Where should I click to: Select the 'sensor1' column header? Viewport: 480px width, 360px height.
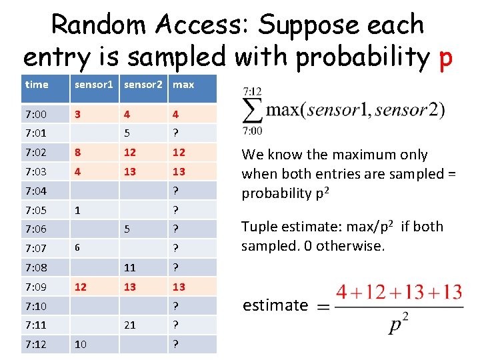pyautogui.click(x=94, y=85)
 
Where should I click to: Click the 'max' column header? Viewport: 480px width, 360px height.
pyautogui.click(x=183, y=85)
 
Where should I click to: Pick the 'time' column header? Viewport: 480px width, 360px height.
pyautogui.click(x=36, y=85)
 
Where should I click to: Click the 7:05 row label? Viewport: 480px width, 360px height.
pyautogui.click(x=37, y=209)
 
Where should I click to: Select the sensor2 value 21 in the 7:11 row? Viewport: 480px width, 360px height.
pyautogui.click(x=130, y=325)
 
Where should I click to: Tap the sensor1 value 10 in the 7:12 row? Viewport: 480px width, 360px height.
pyautogui.click(x=81, y=344)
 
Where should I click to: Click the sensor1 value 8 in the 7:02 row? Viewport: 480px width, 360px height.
pyautogui.click(x=78, y=152)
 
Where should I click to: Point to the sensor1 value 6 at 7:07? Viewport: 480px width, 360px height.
pyautogui.click(x=77, y=248)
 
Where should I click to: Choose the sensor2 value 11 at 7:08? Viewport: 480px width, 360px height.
pyautogui.click(x=129, y=267)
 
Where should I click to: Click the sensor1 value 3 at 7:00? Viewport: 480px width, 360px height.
pyautogui.click(x=78, y=113)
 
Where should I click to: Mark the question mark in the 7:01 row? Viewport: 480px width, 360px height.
pyautogui.click(x=175, y=133)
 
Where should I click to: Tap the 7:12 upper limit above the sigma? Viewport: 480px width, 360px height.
pyautogui.click(x=253, y=91)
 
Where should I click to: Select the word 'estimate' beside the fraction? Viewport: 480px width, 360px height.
pyautogui.click(x=275, y=305)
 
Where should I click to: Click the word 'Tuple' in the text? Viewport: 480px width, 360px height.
pyautogui.click(x=258, y=227)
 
